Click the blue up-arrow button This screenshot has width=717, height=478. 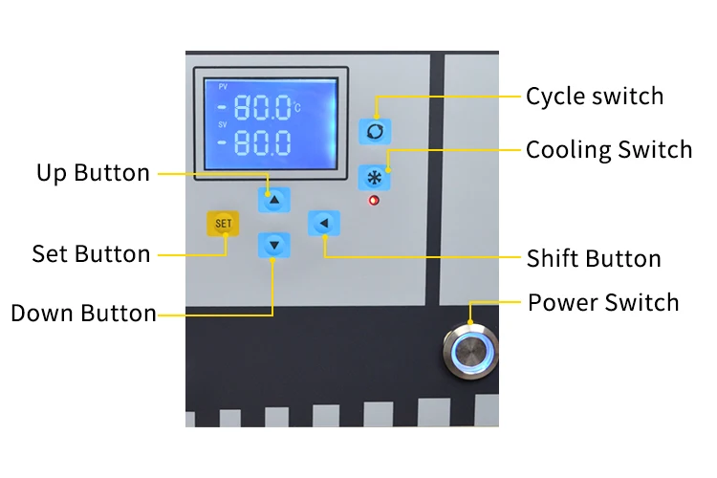(x=274, y=200)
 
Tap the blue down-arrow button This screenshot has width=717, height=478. (x=274, y=246)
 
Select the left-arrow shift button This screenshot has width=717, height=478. (x=324, y=224)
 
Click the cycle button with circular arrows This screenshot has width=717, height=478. (x=374, y=131)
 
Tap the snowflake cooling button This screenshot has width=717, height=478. (x=374, y=177)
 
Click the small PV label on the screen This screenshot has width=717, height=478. (x=223, y=87)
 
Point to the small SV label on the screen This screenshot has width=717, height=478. (x=223, y=124)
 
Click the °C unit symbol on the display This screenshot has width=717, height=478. (x=296, y=107)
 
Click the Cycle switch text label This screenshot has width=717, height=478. (x=595, y=97)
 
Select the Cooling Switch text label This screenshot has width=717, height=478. (x=609, y=150)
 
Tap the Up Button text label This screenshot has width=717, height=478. (x=93, y=173)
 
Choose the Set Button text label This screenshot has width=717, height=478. (x=91, y=254)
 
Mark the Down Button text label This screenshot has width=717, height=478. (x=83, y=314)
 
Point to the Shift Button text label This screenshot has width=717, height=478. (x=594, y=259)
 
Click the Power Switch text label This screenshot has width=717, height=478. (x=603, y=303)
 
